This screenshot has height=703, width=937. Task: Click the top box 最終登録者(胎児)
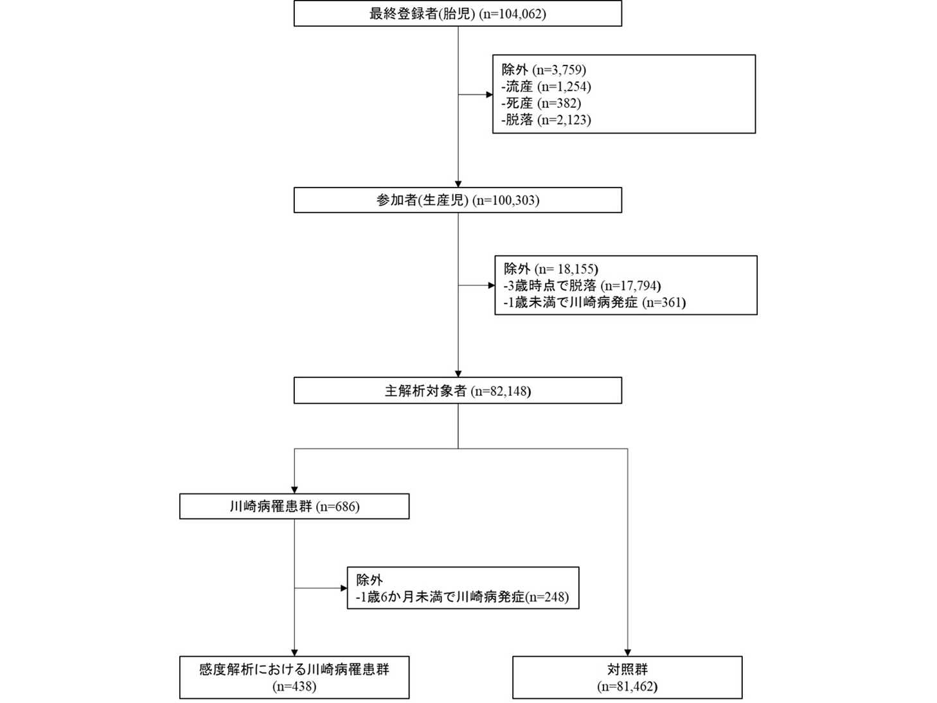[458, 13]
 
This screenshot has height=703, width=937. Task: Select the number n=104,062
[512, 13]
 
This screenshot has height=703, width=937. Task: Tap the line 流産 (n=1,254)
[546, 86]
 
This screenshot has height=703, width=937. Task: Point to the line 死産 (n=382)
[541, 103]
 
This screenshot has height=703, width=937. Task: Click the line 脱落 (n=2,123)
[546, 120]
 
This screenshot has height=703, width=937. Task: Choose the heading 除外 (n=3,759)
[544, 69]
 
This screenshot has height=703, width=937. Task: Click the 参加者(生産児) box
[458, 200]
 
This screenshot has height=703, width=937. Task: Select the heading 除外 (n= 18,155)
[551, 269]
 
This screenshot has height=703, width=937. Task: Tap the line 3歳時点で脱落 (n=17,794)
[582, 285]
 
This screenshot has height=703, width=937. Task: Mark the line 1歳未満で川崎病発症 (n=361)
[594, 302]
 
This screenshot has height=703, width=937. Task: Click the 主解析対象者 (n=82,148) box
[458, 391]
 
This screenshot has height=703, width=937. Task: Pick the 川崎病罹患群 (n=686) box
[294, 506]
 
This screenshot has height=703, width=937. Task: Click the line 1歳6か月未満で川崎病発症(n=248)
[463, 597]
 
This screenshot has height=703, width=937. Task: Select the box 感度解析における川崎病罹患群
[294, 669]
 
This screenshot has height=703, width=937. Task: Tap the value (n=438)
[294, 686]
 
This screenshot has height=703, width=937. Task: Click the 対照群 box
[627, 669]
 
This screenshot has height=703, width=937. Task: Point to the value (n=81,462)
[627, 686]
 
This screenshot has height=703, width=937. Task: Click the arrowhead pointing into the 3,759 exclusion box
[489, 94]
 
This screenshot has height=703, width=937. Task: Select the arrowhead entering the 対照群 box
[627, 652]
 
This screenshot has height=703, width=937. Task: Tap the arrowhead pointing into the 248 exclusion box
[344, 588]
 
